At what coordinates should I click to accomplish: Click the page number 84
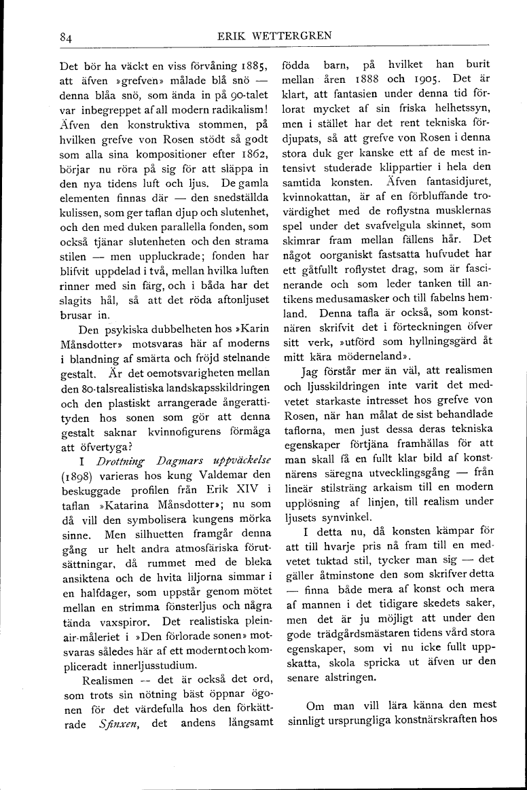65,38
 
